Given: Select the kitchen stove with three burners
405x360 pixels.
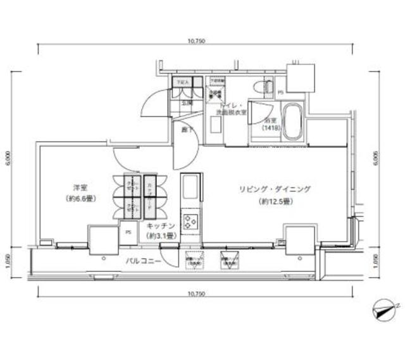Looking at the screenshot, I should [190, 222].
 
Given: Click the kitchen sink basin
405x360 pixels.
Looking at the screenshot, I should [190, 188].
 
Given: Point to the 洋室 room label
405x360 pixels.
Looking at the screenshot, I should [80, 188].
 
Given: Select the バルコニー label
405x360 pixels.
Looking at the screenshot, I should [142, 261].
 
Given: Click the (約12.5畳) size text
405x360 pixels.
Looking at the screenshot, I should [275, 202].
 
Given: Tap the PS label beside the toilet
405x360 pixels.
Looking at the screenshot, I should [281, 92].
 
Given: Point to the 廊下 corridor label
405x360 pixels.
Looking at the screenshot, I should [185, 130].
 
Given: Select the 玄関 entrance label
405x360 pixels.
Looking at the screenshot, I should [187, 101].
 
